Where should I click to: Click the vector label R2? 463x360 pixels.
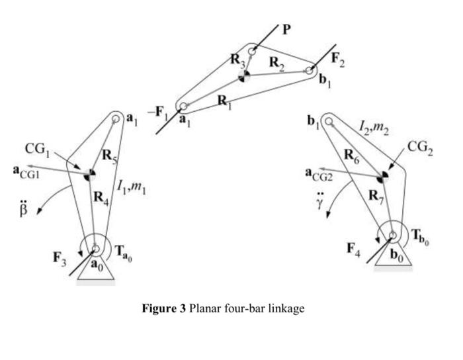278,63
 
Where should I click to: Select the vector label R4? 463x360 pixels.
100,197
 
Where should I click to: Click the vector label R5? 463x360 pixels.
109,156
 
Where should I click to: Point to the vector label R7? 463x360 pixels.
376,196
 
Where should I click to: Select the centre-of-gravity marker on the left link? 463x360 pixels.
89,174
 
